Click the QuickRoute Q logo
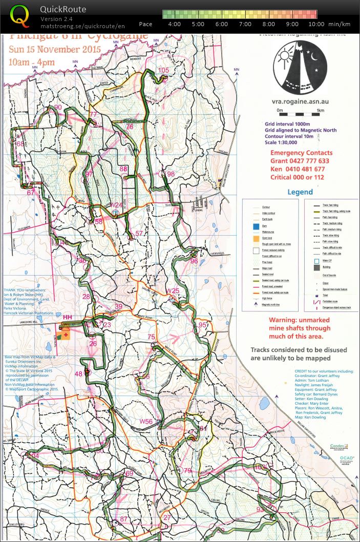pos(20,15)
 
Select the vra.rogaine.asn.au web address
pos(300,101)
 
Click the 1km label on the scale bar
pos(320,110)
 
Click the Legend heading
pos(300,192)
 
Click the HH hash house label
pos(67,318)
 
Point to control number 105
pos(163,70)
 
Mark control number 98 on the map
pos(171,174)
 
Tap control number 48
pos(78,374)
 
